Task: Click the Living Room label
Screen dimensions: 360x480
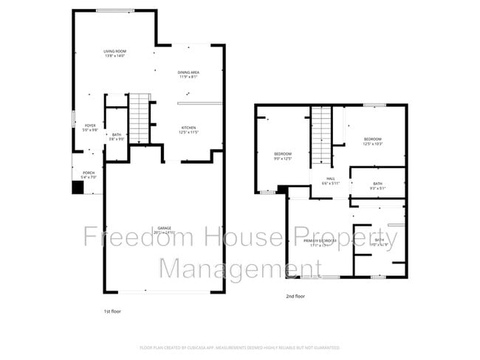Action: [114, 51]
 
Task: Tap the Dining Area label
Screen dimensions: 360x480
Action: [189, 72]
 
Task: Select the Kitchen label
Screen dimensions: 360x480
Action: [189, 128]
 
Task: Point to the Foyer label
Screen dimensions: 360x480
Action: [90, 125]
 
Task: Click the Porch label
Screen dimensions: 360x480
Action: [87, 174]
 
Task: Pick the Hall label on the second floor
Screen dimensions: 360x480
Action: [331, 179]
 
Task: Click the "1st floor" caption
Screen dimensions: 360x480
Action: [112, 313]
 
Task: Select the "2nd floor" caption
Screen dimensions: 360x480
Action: [295, 296]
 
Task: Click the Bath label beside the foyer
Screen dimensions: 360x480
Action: [117, 134]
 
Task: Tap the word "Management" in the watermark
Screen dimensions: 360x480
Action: [230, 268]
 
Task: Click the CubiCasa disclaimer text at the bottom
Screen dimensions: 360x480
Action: [239, 347]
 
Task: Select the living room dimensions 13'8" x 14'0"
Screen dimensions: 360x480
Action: [114, 55]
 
